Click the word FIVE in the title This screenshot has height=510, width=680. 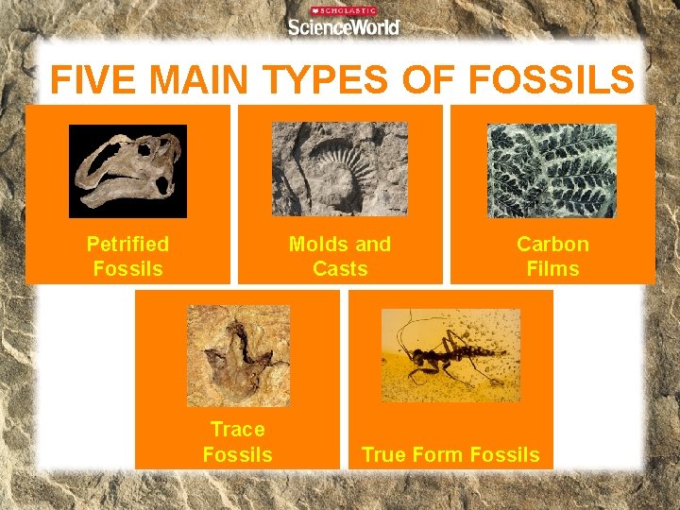(91, 80)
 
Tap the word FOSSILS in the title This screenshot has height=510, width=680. (551, 80)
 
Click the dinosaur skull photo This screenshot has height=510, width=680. (127, 171)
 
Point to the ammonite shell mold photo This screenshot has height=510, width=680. (340, 168)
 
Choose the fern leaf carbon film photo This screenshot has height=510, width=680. (552, 171)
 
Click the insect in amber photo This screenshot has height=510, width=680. (450, 355)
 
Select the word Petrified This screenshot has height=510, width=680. (127, 244)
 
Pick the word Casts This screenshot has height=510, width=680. (340, 268)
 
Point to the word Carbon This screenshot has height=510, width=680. (552, 244)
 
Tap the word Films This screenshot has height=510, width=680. (552, 268)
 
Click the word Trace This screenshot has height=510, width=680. (238, 430)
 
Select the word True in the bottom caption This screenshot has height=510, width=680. (382, 454)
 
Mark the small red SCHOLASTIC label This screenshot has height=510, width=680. (344, 10)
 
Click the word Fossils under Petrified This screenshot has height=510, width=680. (127, 268)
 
